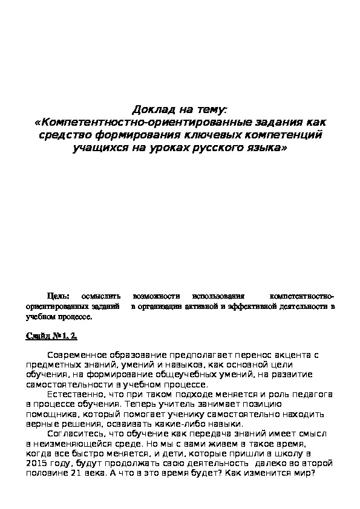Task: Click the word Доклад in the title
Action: (151, 110)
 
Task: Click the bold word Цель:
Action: (59, 297)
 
